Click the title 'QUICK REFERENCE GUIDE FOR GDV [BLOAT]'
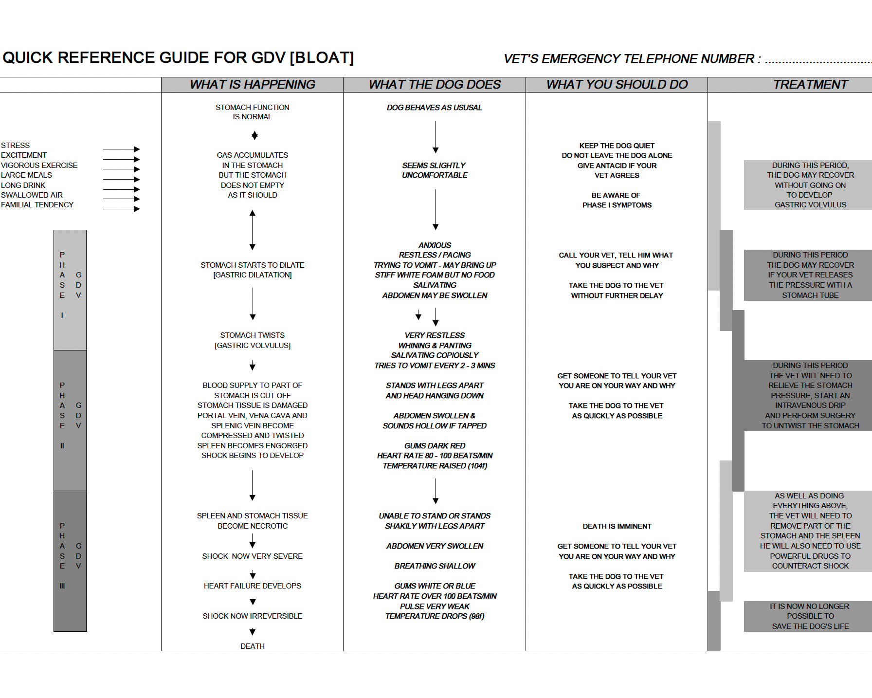(178, 58)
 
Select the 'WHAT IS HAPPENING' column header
(252, 85)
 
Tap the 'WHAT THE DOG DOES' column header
(435, 85)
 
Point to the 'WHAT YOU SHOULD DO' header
(617, 85)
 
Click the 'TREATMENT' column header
(810, 85)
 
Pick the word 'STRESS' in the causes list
(16, 146)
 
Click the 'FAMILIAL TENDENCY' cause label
(37, 205)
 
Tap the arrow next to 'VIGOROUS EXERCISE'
(121, 169)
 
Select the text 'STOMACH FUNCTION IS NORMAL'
(252, 112)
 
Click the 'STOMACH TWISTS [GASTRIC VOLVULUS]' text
(252, 340)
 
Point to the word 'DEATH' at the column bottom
(252, 646)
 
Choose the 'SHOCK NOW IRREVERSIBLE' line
(252, 616)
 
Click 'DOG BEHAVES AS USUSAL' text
(435, 108)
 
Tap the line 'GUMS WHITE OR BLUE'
(435, 586)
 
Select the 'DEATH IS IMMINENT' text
(617, 526)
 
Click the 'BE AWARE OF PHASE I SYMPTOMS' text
(617, 200)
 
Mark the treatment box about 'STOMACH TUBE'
(810, 275)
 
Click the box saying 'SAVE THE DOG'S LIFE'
(810, 616)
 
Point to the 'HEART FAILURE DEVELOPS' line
(252, 586)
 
